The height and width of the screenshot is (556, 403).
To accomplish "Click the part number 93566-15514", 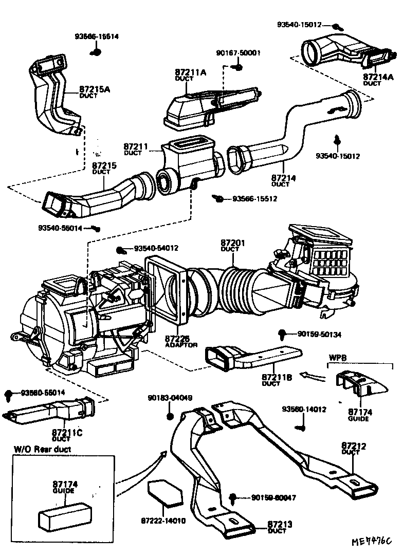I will click(97, 36).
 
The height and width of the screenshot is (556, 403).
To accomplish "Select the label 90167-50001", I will click(239, 53).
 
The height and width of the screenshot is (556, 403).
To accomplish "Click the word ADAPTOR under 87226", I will click(181, 345).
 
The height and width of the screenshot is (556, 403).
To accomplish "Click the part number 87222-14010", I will click(163, 520).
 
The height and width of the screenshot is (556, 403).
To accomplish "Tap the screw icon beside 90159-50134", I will click(282, 334).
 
